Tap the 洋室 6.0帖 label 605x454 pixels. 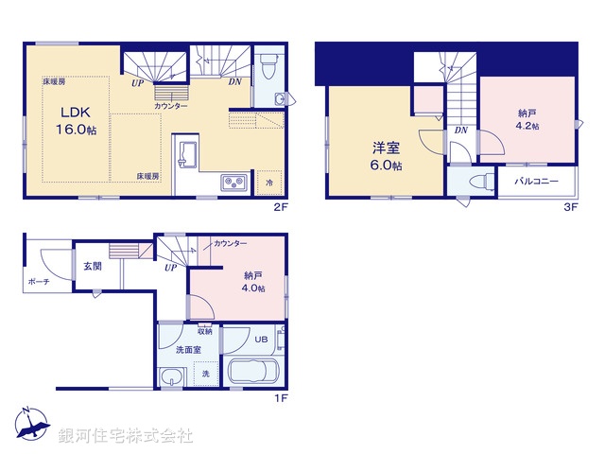coord(386,155)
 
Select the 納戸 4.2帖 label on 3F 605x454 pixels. coord(528,119)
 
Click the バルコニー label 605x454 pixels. coord(535,181)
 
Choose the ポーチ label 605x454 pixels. coord(39,282)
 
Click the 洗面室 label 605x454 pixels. coord(188,350)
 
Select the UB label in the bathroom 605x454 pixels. coord(263,340)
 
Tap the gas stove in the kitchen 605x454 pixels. coord(233,183)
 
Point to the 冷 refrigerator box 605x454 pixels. coord(270,182)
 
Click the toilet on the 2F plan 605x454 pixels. coord(268,66)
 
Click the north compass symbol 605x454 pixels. coord(28,426)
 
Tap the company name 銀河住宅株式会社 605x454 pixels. coord(126,436)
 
